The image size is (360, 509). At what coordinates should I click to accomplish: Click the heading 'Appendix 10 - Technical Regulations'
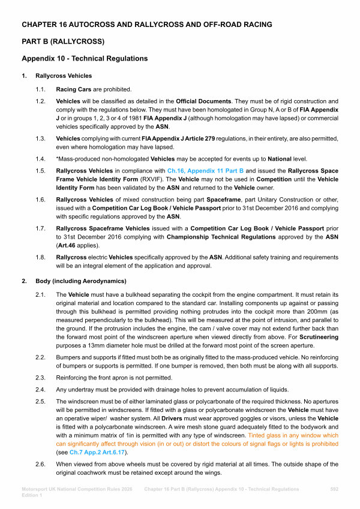click(85, 59)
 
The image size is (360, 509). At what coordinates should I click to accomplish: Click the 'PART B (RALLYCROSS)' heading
click(64, 41)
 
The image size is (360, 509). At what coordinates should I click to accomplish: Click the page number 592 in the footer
click(334, 489)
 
